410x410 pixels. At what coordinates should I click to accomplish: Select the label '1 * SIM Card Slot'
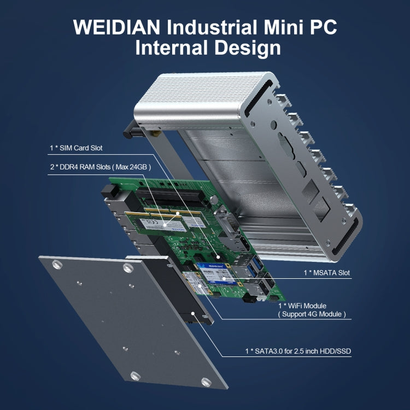click(76, 148)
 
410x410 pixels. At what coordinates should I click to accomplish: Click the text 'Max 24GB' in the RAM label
click(132, 166)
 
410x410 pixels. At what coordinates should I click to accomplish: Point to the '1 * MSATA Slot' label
click(327, 272)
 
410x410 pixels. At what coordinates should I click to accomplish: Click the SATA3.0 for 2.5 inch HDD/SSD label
click(298, 350)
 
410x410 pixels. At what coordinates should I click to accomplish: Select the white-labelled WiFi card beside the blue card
click(198, 285)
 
